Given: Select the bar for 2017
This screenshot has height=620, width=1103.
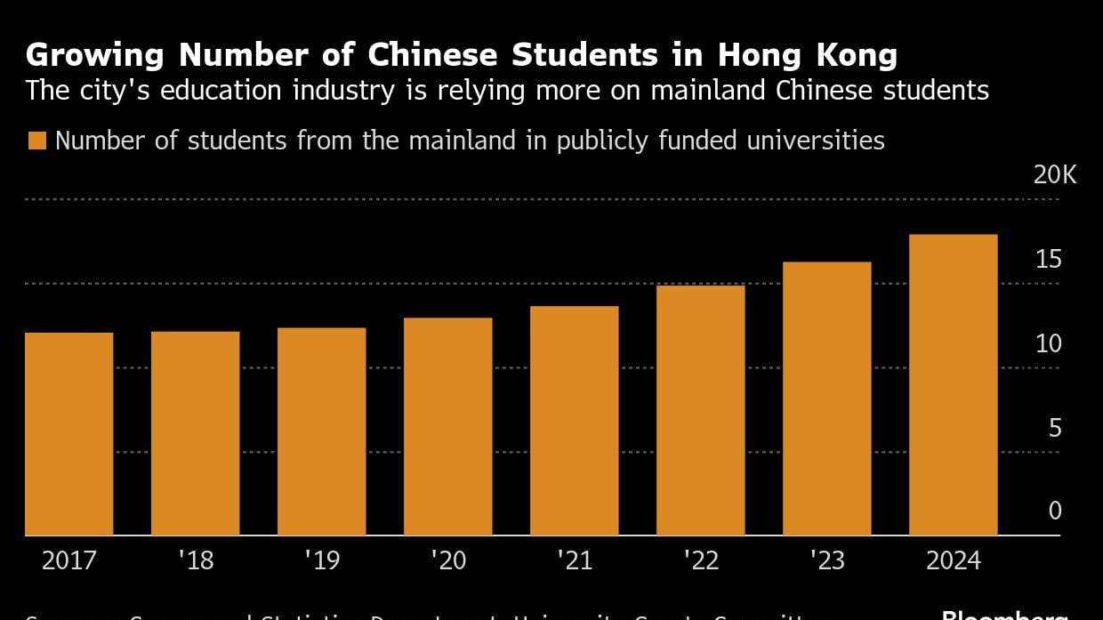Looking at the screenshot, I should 69,434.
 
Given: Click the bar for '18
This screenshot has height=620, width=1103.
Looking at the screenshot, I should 196,433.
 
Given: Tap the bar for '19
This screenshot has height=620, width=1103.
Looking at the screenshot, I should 322,431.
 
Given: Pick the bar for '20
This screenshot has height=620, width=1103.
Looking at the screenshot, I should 448,427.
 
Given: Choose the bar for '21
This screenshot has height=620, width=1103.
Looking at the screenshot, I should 575,421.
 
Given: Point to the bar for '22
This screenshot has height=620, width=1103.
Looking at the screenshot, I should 701,410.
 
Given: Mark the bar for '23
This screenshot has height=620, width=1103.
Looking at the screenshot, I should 827,399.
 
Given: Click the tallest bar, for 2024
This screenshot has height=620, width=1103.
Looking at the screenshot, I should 954,385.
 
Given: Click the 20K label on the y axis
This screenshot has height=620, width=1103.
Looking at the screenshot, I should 1054,175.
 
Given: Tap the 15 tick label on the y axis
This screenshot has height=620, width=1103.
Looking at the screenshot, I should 1049,260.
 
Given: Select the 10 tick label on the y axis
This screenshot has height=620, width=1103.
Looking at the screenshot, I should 1049,344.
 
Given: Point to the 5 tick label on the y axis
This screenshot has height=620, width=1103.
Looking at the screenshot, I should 1055,429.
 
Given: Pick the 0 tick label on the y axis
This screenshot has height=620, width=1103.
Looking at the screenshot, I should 1055,511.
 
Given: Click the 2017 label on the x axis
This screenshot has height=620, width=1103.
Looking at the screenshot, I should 69,561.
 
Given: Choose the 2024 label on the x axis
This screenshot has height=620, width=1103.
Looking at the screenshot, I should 954,561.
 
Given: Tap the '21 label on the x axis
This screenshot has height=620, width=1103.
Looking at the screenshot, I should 575,561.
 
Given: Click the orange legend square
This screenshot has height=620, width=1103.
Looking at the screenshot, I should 36,141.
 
